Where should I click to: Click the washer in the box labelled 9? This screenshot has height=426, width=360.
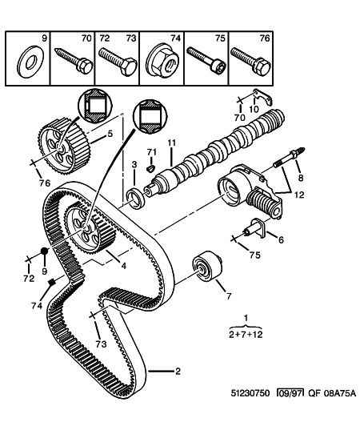28,62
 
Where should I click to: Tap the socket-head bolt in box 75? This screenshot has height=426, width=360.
207,60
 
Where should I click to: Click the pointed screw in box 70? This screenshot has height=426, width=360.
74,61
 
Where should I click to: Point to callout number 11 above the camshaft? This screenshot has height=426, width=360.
171,143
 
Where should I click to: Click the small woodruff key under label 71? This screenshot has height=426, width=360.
150,169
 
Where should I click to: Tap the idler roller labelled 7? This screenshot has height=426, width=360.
207,267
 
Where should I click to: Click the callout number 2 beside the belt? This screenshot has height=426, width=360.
178,371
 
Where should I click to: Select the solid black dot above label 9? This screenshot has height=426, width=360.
44,251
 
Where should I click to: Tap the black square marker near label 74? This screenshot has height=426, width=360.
52,282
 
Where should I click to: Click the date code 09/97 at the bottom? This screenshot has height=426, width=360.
290,393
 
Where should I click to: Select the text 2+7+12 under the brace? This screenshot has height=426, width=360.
246,334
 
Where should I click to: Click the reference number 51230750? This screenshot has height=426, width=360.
250,393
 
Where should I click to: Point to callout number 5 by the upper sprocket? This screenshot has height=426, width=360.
110,134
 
